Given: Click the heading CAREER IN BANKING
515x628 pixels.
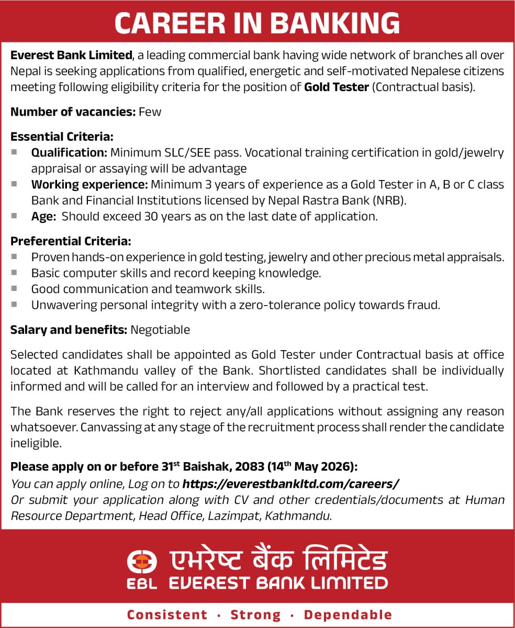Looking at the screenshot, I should pos(257,23).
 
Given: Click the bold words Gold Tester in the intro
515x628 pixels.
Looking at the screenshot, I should pos(337,87).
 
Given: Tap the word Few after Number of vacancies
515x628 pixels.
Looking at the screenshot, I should pos(150,112).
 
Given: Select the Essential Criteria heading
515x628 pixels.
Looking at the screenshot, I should pos(62,137).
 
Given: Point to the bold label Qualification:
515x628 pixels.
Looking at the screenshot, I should pos(69,153).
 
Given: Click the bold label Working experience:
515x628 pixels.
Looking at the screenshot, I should pos(89,184).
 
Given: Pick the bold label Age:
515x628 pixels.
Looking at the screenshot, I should pos(43,216).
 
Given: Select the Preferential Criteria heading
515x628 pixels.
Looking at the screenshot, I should pos(71,241).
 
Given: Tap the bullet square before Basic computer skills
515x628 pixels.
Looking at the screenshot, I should pos(14,273).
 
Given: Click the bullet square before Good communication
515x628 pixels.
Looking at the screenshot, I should pos(14,288).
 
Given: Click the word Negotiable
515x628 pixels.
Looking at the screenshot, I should pos(160,330).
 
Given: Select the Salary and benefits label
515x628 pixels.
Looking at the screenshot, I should pos(69,330).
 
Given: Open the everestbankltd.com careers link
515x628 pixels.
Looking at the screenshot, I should pos(290,483).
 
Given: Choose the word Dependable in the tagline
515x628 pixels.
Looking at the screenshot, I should pos(348,614).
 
